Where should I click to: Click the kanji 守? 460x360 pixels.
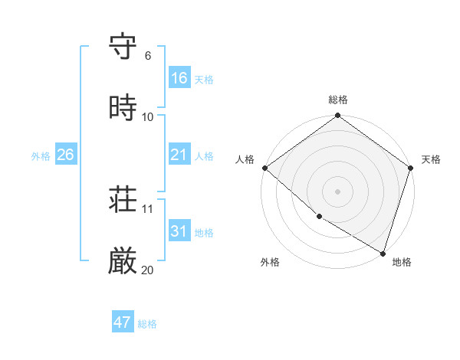pos(123,47)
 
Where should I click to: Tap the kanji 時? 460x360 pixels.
pos(123,108)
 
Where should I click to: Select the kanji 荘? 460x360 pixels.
pos(123,201)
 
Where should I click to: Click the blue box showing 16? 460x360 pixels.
pos(179,78)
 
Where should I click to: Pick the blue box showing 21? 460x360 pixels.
pos(179,155)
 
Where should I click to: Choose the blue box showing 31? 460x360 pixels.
pos(179,231)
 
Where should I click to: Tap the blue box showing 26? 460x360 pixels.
pos(65,155)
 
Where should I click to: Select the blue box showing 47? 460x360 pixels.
pos(123,322)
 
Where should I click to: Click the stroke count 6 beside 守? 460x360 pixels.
pos(147,56)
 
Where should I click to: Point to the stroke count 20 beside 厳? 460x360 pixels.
pos(147,270)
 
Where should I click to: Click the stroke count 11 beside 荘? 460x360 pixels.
pos(147,209)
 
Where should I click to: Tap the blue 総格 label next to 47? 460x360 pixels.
pos(147,324)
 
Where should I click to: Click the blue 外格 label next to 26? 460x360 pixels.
pos(41,156)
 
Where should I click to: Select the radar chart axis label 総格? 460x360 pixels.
pos(338,100)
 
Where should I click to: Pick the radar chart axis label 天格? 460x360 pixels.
pos(431,159)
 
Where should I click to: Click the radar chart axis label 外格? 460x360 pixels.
pos(270,263)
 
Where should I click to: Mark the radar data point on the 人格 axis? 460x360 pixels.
pos(264,168)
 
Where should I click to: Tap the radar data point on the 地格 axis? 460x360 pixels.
pos(383,253)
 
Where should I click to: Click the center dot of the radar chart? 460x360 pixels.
pos(338,191)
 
